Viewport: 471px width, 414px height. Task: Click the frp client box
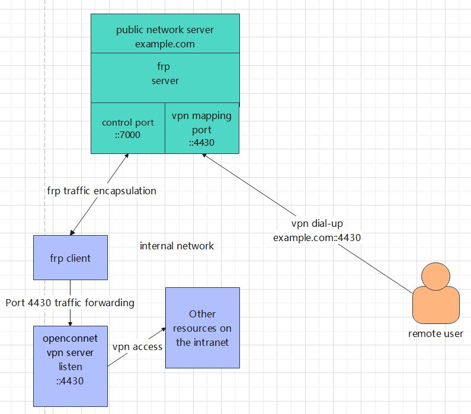(71, 258)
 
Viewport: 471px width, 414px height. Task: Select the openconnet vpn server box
(71, 360)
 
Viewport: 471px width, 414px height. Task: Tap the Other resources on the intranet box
(203, 328)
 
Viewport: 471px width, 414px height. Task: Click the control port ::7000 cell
(127, 128)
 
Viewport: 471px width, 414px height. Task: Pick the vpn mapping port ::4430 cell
(202, 129)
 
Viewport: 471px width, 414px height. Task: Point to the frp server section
(165, 74)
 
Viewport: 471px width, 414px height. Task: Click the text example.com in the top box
(165, 44)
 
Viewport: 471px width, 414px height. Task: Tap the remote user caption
(435, 333)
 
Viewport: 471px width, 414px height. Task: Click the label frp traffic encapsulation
(101, 191)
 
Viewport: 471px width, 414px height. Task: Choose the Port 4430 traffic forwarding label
(70, 303)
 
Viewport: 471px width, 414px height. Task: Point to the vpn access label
(137, 346)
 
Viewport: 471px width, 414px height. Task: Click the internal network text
(177, 246)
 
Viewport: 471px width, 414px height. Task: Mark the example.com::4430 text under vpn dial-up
(317, 238)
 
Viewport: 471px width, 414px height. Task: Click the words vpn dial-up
(317, 224)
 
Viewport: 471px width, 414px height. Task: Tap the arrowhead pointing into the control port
(127, 156)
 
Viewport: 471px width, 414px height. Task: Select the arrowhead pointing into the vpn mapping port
(204, 156)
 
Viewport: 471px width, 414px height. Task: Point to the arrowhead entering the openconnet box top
(71, 323)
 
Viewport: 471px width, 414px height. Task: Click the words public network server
(165, 30)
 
